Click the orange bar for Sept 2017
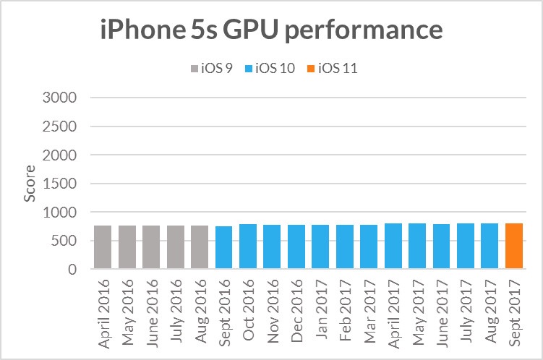[x=514, y=247]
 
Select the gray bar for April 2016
[x=103, y=247]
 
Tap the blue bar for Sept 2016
[x=223, y=248]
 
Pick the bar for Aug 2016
[x=200, y=247]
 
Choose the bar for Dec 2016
[x=296, y=247]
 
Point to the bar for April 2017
[x=393, y=247]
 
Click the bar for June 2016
[x=151, y=247]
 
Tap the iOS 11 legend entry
[x=336, y=69]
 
